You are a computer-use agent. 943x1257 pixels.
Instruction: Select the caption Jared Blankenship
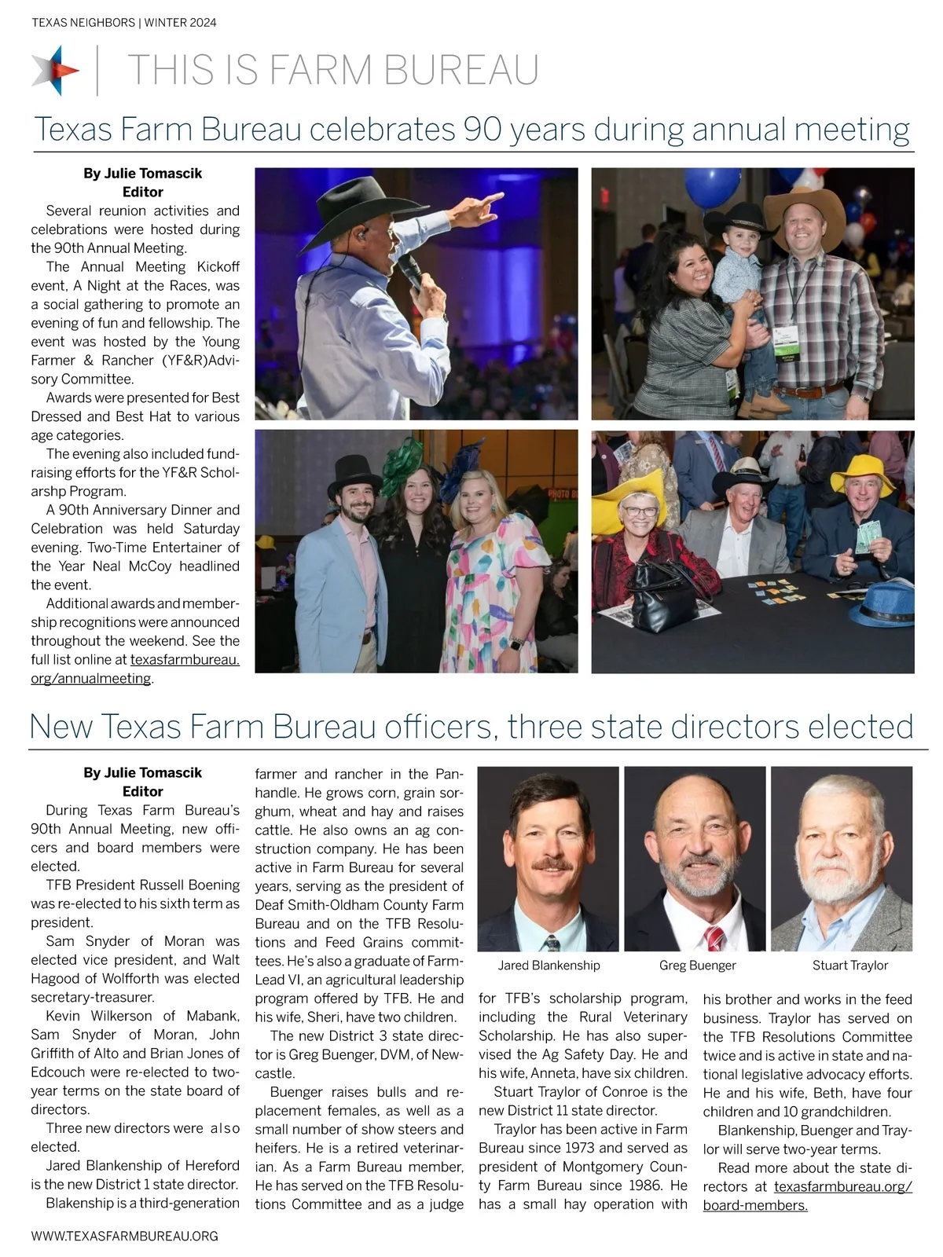549,966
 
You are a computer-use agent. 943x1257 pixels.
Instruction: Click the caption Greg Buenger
698,966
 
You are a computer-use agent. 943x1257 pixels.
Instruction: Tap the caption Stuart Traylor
850,966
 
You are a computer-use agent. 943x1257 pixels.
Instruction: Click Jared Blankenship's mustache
548,865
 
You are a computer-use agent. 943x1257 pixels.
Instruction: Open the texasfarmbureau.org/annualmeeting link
135,669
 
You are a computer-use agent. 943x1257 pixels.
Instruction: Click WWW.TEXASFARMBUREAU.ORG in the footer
124,1236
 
